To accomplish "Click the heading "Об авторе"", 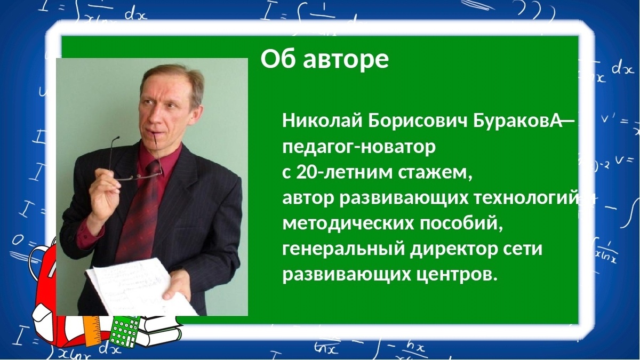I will pos(324,60).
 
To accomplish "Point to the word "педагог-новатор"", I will pos(358,147).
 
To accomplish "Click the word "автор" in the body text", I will pos(308,198).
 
